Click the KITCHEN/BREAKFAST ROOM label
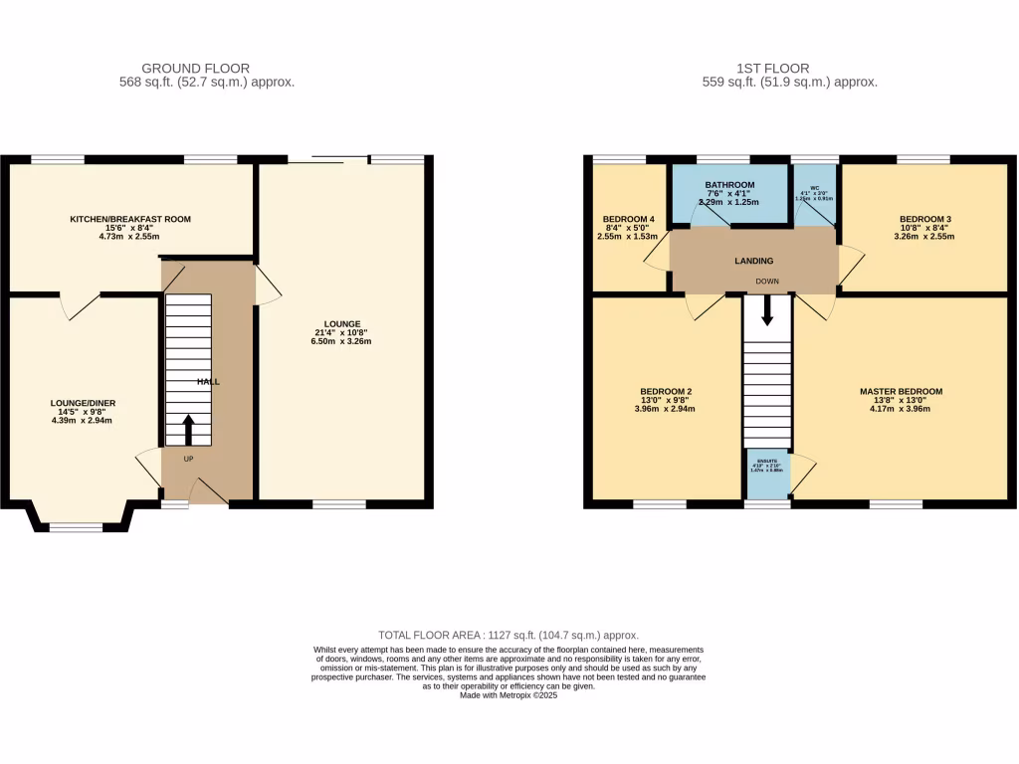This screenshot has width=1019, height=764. pyautogui.click(x=129, y=219)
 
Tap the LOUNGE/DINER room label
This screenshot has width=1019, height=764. pyautogui.click(x=84, y=403)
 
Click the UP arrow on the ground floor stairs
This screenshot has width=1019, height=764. pyautogui.click(x=187, y=430)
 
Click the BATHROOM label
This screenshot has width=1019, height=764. pyautogui.click(x=730, y=185)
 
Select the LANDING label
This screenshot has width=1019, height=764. pyautogui.click(x=753, y=262)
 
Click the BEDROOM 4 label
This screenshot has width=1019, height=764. pyautogui.click(x=629, y=219)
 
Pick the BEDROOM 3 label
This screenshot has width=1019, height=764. pyautogui.click(x=925, y=219)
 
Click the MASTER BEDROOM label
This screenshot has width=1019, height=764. pyautogui.click(x=901, y=391)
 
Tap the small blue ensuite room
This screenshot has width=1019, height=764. pyautogui.click(x=768, y=473)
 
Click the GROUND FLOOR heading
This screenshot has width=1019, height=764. pyautogui.click(x=196, y=69)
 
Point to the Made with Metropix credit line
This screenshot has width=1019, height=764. pyautogui.click(x=509, y=696)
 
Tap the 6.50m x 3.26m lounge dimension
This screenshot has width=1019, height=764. pyautogui.click(x=340, y=342)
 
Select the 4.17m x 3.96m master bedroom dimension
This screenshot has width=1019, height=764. pyautogui.click(x=901, y=408)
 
